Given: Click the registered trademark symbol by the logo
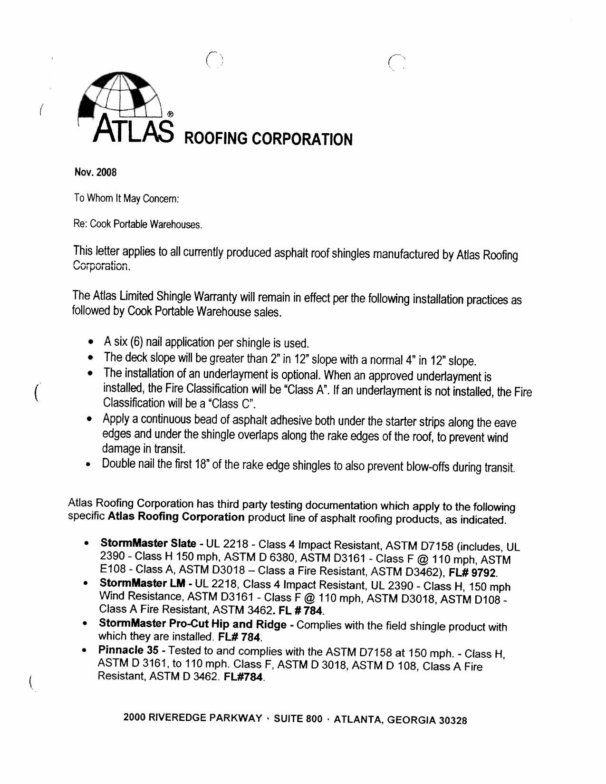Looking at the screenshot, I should [x=170, y=114].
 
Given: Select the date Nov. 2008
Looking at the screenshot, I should [x=95, y=172].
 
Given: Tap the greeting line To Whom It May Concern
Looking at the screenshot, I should [x=126, y=198].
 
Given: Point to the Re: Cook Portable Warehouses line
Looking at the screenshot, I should [x=138, y=224].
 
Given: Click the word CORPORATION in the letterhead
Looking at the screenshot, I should [x=302, y=139].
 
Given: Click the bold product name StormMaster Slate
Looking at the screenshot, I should [x=148, y=543].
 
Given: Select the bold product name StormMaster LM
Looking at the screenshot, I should [x=142, y=583].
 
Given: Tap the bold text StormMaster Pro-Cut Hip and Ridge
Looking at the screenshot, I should [x=192, y=624].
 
